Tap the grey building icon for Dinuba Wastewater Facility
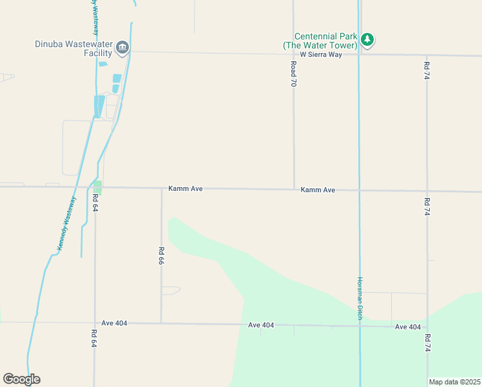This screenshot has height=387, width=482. [122, 47]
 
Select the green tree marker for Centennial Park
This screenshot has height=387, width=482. [367, 40]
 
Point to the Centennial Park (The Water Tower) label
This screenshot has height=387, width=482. [320, 41]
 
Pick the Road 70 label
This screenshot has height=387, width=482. [293, 75]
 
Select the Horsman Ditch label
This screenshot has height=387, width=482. [360, 298]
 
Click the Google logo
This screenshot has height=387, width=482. [21, 379]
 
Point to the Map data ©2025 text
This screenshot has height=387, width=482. [454, 382]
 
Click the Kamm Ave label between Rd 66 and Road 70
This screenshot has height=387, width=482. [186, 188]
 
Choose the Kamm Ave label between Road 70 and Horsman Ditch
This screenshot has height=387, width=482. [318, 190]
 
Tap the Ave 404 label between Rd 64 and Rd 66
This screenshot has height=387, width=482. [115, 322]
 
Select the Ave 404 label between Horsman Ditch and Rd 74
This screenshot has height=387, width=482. [408, 327]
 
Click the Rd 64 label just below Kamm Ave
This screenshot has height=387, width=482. [95, 203]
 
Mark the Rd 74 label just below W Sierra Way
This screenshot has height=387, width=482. [427, 70]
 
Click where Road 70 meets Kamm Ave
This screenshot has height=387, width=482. [294, 189]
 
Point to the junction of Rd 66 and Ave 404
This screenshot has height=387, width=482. [161, 322]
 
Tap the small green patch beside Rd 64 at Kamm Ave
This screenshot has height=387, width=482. [97, 186]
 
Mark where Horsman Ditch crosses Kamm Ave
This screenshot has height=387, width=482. [359, 190]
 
